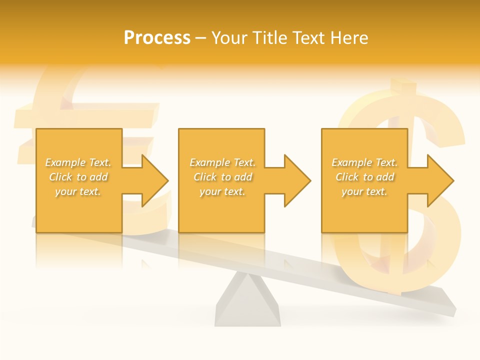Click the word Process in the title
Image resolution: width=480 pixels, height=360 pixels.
157,37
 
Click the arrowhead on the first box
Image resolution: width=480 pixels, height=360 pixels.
154,180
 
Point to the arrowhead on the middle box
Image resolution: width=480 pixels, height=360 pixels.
297,180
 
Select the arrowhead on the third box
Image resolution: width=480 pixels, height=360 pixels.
440,180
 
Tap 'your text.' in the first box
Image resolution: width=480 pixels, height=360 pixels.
78,191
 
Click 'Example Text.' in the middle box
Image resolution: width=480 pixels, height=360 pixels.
222,162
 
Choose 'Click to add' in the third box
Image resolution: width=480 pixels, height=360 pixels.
365,177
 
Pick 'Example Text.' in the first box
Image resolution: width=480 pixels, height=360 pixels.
78,162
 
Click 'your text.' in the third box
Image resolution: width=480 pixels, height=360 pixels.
364,191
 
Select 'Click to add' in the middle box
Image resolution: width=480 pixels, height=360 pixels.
222,177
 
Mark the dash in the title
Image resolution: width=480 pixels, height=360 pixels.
201,38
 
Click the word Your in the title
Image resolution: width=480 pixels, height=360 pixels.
230,37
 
